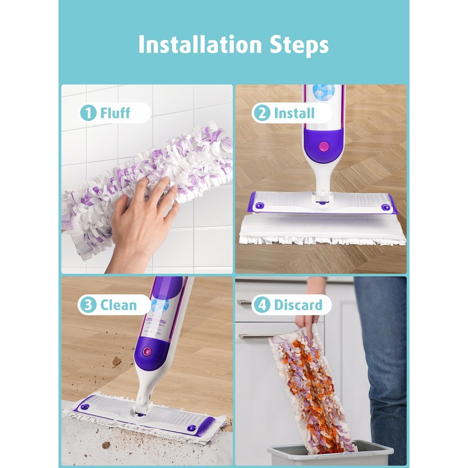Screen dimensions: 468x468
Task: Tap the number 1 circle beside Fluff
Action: pos(88,113)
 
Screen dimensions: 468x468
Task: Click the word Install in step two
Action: pos(294,113)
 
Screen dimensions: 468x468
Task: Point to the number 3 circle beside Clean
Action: pos(88,305)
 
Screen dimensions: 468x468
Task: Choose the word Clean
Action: pos(118,305)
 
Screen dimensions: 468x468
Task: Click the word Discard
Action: pos(298,305)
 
